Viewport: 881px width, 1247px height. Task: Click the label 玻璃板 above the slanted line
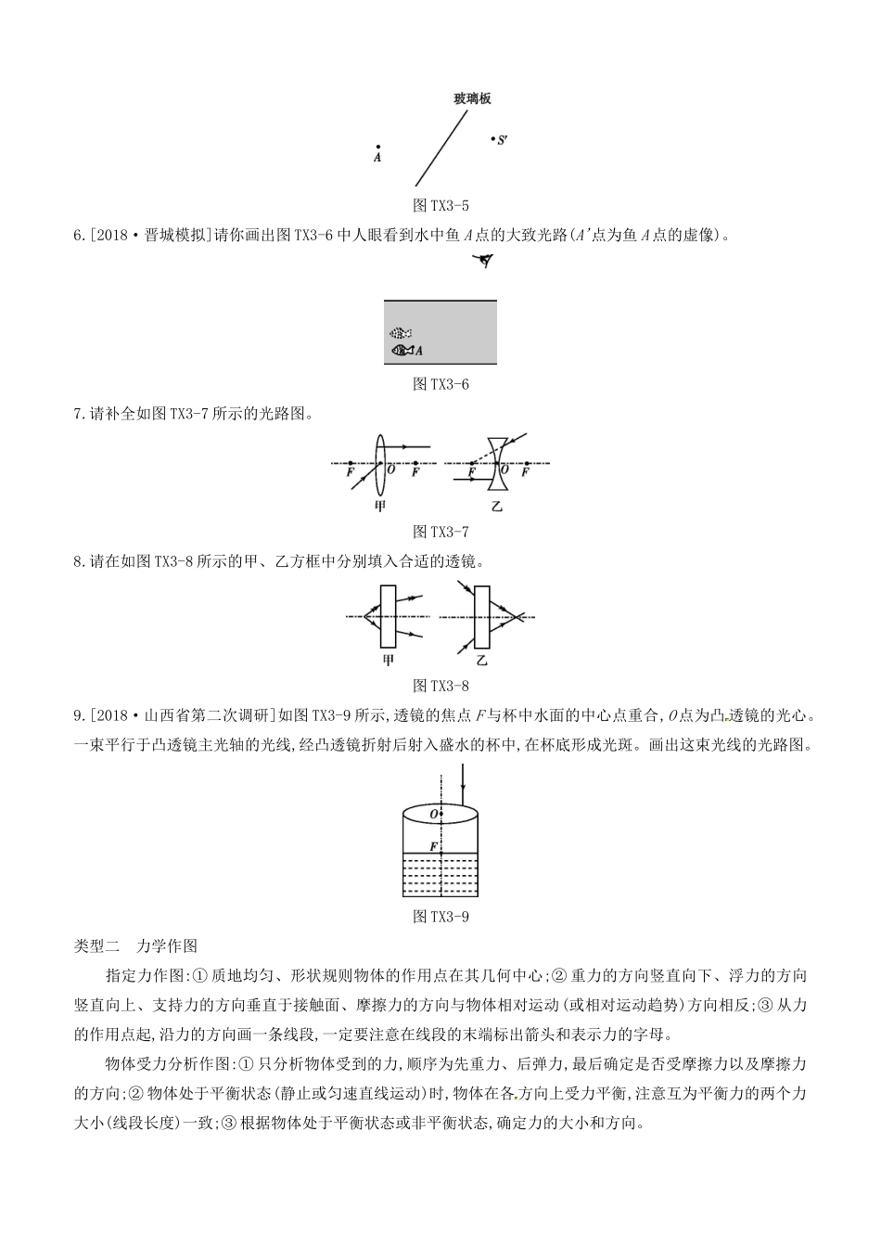[x=472, y=98]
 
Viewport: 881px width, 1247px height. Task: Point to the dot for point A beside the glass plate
[x=377, y=147]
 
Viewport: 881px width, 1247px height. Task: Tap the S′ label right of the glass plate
[x=501, y=140]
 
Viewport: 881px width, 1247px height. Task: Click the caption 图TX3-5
[x=440, y=205]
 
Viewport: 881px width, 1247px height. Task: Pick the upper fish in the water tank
[x=400, y=332]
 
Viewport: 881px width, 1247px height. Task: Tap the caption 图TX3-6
[x=440, y=383]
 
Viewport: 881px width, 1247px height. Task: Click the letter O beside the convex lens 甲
[x=390, y=470]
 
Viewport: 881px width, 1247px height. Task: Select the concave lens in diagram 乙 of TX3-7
[x=500, y=462]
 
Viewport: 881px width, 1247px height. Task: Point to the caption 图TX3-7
[x=440, y=532]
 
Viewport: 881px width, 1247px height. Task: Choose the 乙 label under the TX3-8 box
[x=481, y=660]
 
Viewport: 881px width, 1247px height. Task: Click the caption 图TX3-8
[x=440, y=686]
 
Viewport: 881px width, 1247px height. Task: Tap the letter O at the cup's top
[x=433, y=814]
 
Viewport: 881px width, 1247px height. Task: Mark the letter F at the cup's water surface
[x=433, y=847]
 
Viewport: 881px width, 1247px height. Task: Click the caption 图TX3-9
[x=440, y=917]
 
